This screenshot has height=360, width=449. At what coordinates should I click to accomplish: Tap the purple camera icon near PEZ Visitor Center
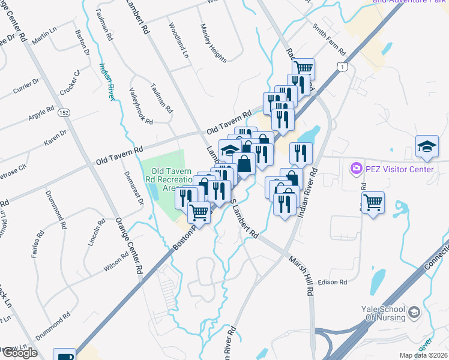357,169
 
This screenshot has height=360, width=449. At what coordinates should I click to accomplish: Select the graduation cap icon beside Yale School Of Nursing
414,312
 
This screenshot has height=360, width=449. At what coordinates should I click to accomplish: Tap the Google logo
19,353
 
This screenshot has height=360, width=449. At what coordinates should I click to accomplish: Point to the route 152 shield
64,112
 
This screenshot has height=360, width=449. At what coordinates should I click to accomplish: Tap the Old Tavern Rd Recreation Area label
170,179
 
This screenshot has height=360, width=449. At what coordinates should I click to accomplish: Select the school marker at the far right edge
426,146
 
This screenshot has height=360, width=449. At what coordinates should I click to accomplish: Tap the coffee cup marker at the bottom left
64,356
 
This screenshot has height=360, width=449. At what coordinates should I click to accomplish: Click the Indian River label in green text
107,81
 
